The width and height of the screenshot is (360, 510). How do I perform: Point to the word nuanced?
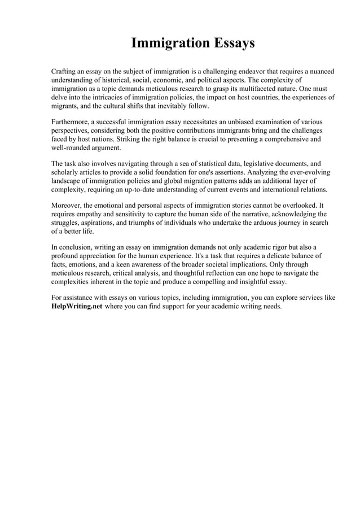[319, 72]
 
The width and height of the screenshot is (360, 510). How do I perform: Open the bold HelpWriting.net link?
[77, 306]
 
